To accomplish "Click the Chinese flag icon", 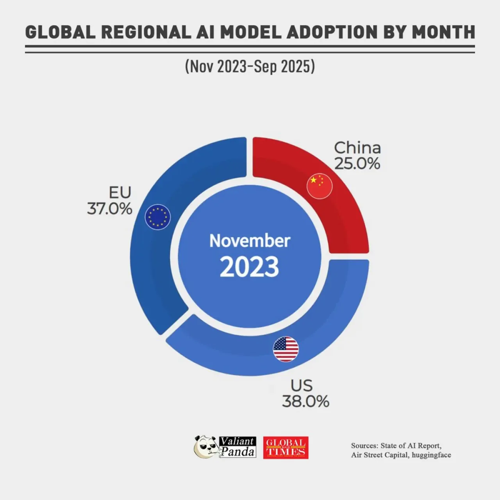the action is pos(320,186).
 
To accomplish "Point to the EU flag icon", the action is pos(157,217).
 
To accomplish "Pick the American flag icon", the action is pos(286,349).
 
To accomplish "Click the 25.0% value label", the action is pos(357,164).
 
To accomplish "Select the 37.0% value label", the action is pos(109,209).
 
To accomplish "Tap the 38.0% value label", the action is pos(305,401).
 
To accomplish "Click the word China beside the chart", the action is pos(357,148).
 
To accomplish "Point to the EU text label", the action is pos(120,192).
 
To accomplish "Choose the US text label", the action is pos(302,385).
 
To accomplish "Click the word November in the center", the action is pos(250,241).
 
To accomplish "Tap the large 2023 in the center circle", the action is pos(249,266).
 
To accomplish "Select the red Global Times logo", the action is pos(286,448).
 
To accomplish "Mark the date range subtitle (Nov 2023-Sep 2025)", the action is pos(250,66).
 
